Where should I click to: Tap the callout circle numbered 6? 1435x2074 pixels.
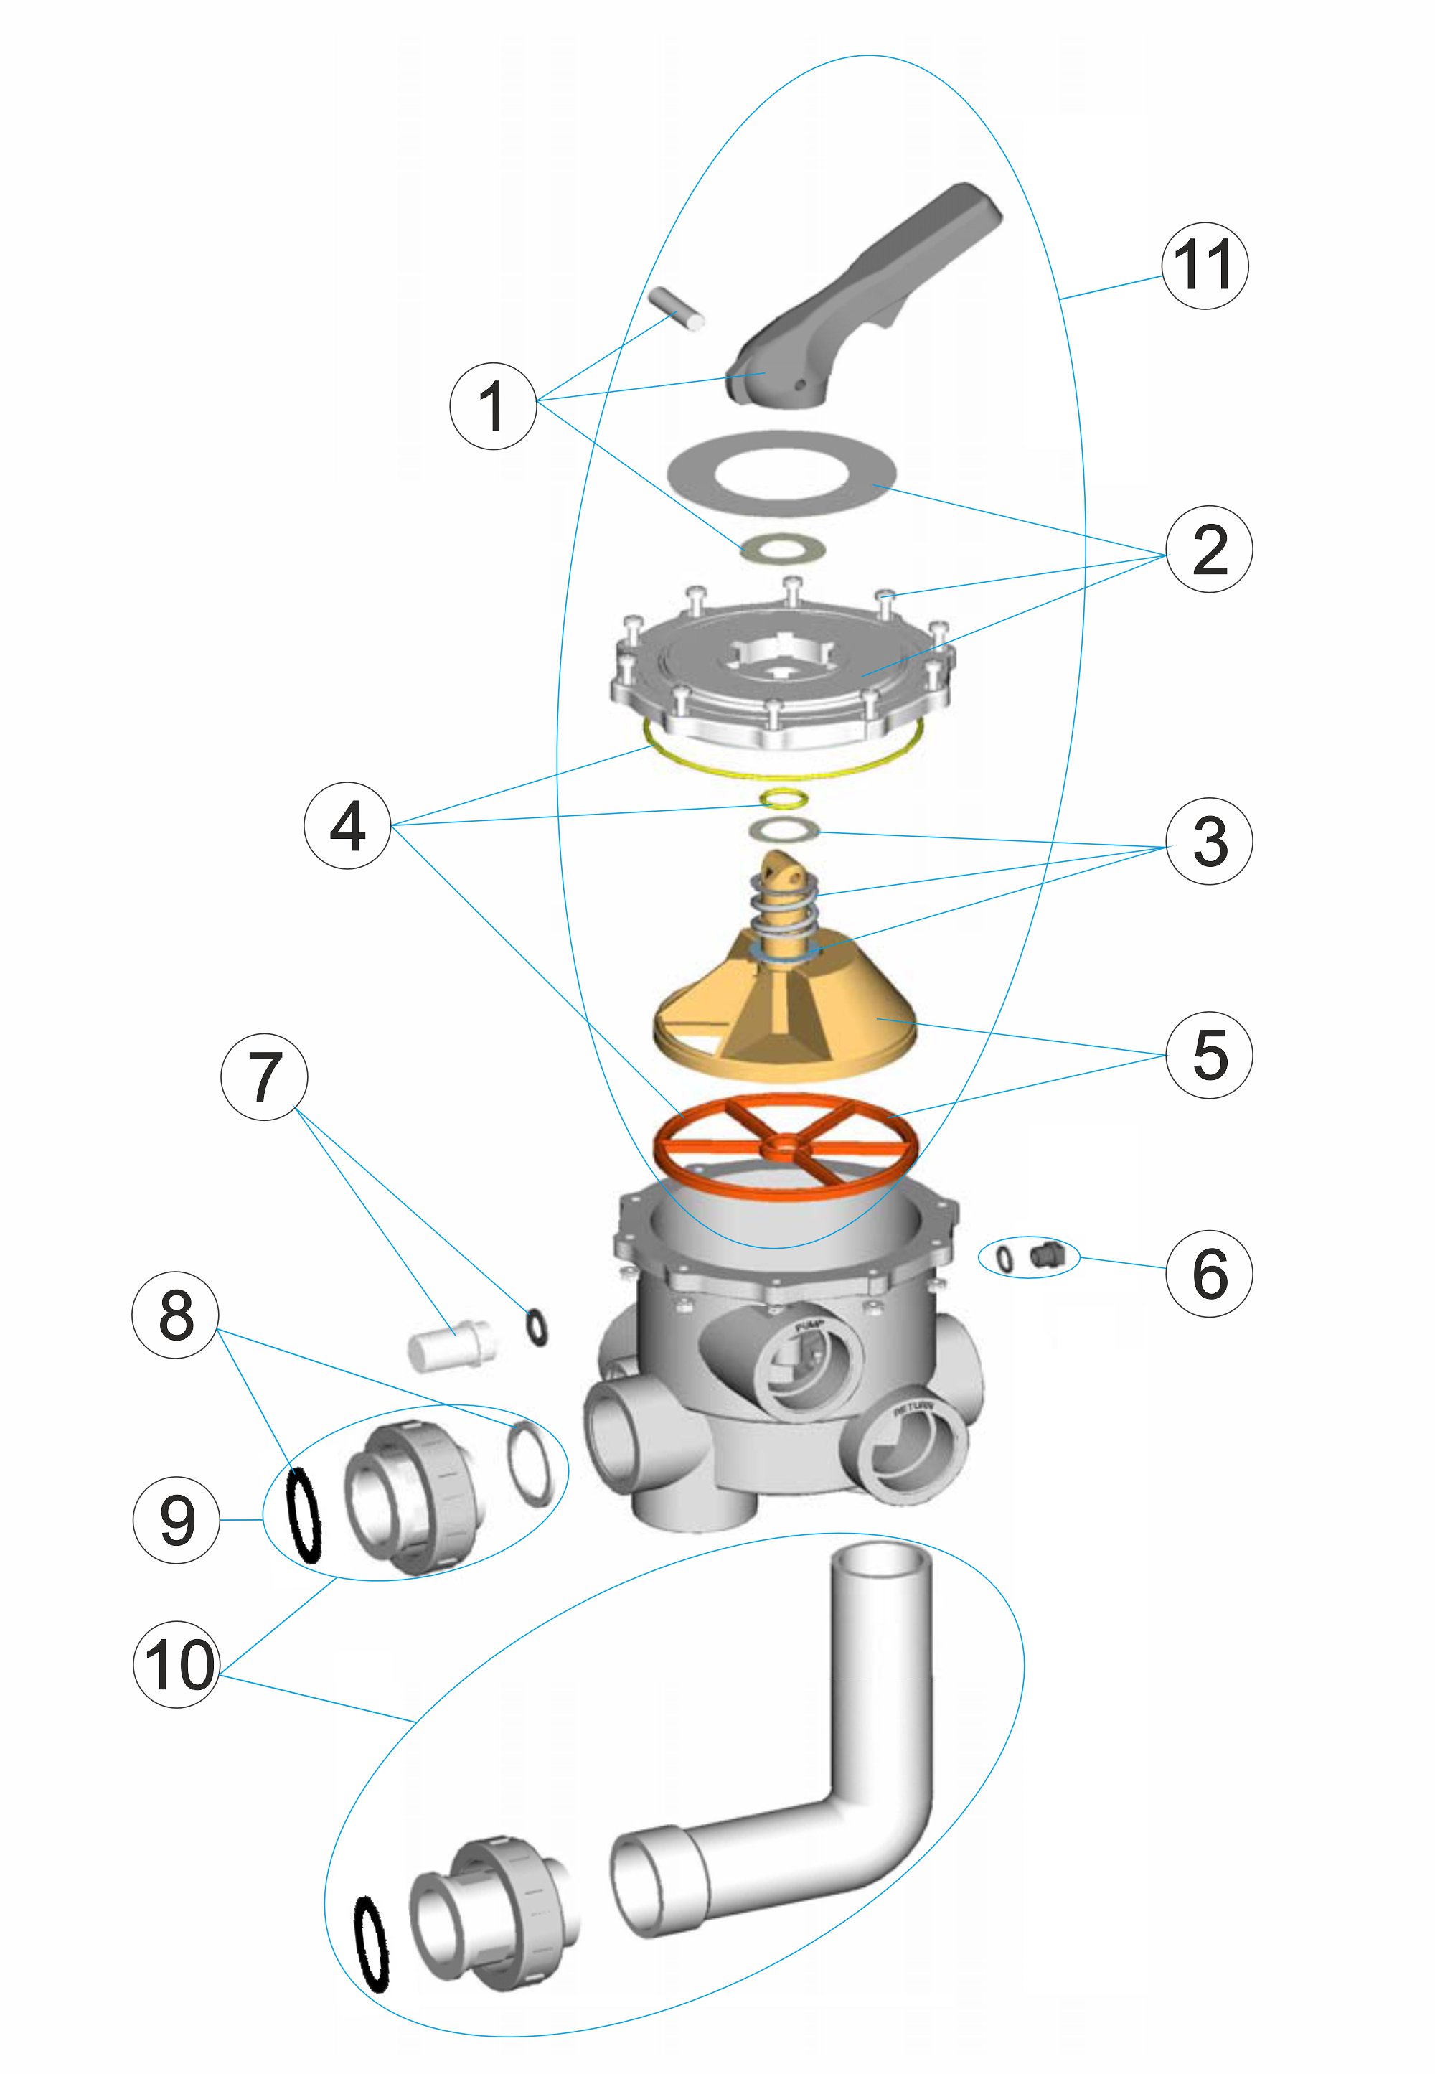point(1208,1274)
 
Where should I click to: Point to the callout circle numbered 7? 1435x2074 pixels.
point(263,1076)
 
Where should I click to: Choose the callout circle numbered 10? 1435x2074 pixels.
point(177,1665)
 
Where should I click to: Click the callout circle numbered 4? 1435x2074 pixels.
point(347,825)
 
